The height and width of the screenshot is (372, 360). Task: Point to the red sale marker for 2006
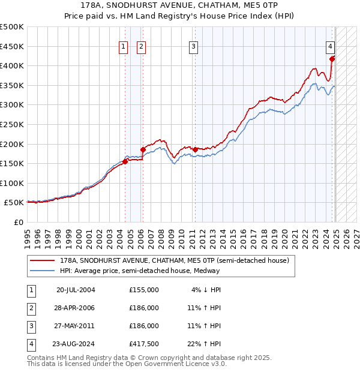pyautogui.click(x=143, y=149)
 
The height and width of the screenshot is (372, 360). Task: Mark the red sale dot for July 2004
pyautogui.click(x=125, y=161)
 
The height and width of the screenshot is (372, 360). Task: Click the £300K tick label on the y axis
pyautogui.click(x=12, y=105)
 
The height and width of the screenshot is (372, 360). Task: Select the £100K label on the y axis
pyautogui.click(x=12, y=183)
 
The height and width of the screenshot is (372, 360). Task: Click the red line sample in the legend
pyautogui.click(x=43, y=260)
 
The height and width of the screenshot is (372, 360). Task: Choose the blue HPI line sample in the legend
pyautogui.click(x=43, y=271)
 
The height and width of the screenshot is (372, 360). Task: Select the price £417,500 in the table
pyautogui.click(x=144, y=344)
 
